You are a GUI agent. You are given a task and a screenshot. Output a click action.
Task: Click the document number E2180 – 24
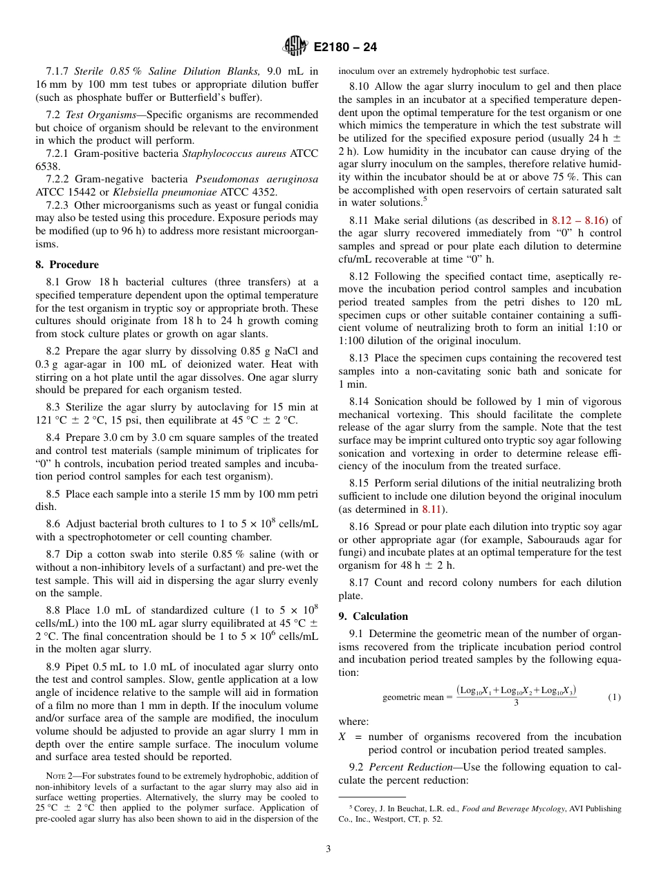345,48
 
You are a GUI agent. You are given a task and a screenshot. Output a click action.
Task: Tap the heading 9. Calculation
373,616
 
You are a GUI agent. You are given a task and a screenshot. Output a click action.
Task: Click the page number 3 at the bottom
328,849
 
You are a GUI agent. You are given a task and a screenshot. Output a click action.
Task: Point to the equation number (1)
614,697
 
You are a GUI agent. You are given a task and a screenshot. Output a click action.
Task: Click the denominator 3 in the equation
516,704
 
